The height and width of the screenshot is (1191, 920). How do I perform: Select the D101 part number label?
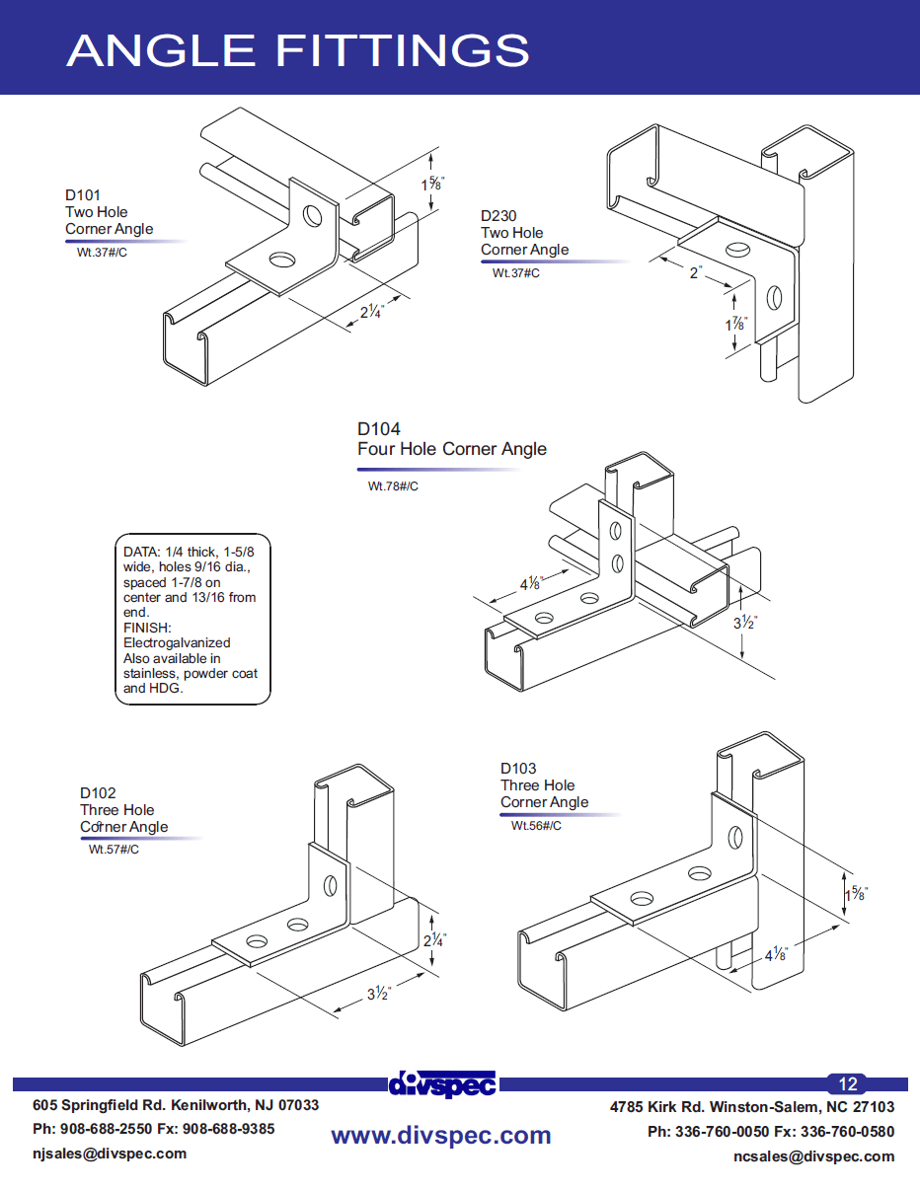click(83, 195)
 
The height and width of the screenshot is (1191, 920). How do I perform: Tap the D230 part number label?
click(498, 216)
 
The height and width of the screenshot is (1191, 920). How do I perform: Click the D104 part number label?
click(379, 429)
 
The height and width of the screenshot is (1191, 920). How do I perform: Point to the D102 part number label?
click(98, 793)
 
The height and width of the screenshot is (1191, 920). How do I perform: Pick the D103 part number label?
click(518, 769)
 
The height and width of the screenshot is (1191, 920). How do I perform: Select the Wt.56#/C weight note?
click(536, 826)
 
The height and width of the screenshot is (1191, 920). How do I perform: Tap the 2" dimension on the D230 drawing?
click(696, 272)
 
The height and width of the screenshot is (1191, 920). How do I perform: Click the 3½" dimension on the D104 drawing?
click(745, 624)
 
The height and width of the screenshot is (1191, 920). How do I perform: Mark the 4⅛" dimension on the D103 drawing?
click(776, 954)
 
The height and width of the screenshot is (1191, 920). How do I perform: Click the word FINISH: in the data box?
click(148, 628)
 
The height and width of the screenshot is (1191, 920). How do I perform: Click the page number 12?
click(848, 1083)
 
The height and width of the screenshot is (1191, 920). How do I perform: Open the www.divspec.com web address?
click(440, 1136)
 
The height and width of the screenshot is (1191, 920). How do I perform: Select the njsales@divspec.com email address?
click(110, 1154)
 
